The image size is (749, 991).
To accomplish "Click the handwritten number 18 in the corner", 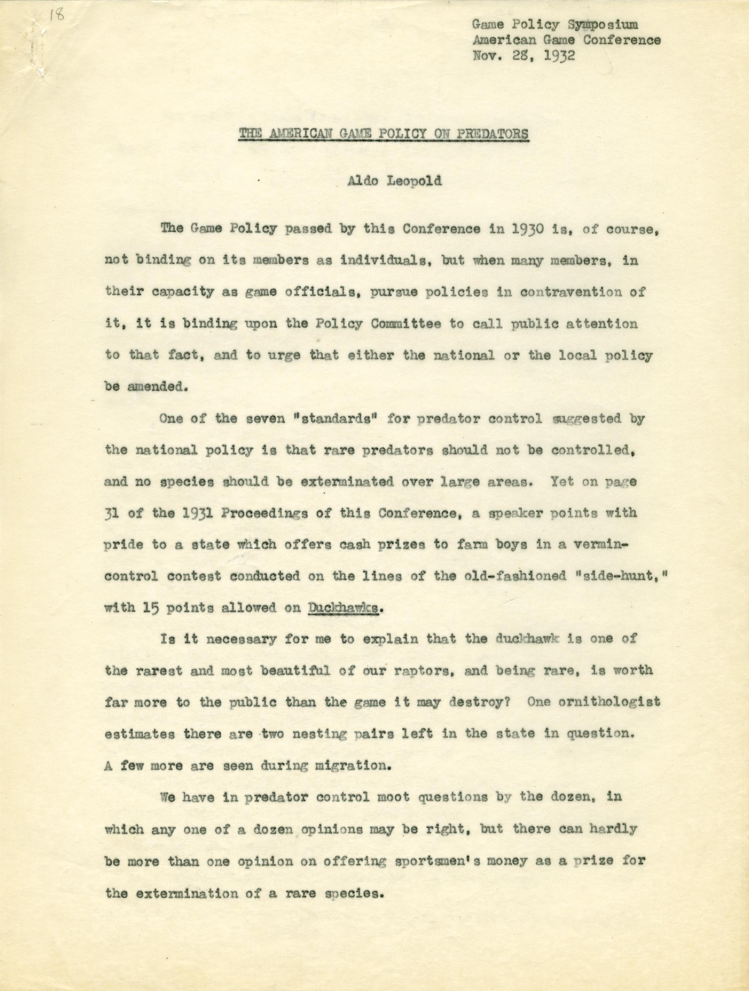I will pos(57,16).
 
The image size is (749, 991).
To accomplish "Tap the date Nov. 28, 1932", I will pos(523,55).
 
